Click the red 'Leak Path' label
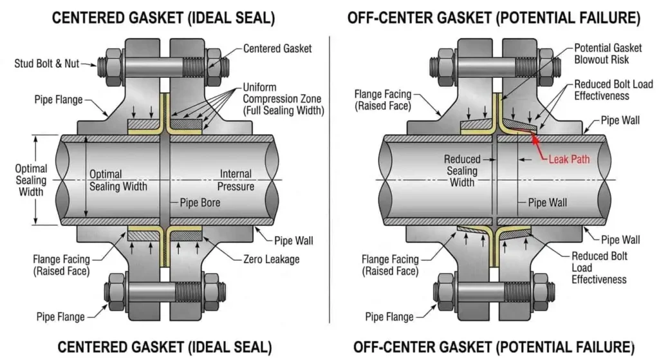[570, 158]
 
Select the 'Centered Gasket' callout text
[277, 48]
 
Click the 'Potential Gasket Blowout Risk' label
[602, 54]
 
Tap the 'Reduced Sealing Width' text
[461, 171]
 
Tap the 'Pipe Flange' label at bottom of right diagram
[389, 317]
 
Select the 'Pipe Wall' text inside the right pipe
[547, 203]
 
